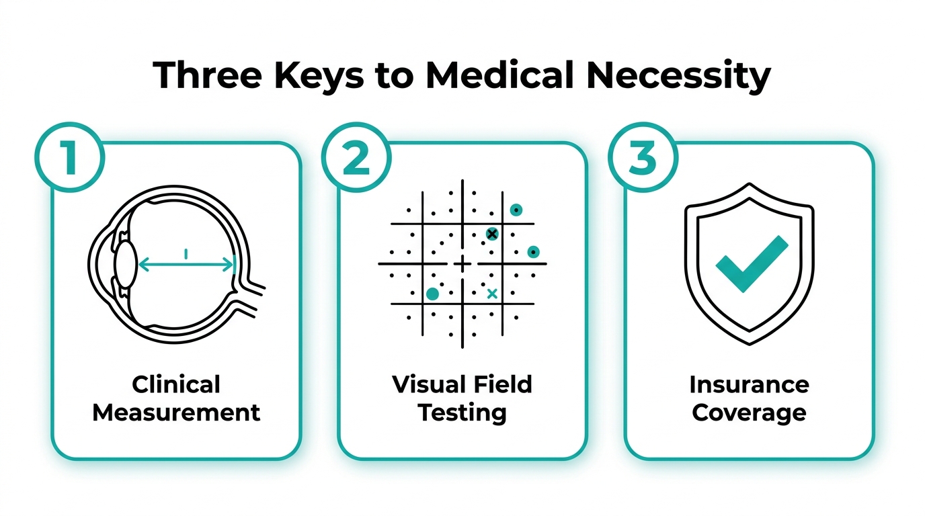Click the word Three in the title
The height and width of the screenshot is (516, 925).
(207, 75)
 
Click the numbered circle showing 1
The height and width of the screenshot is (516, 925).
(69, 157)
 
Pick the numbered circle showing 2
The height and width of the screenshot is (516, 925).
(356, 157)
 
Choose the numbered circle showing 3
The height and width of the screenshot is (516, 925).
(643, 157)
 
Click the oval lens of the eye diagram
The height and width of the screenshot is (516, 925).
(126, 264)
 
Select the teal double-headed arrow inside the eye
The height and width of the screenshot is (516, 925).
(186, 264)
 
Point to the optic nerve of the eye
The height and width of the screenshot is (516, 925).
(248, 296)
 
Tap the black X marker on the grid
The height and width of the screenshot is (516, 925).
(492, 234)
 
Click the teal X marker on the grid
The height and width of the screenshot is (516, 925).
(492, 294)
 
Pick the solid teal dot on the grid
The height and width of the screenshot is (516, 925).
(432, 294)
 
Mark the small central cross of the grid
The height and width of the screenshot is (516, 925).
(462, 264)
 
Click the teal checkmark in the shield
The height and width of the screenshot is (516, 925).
(752, 264)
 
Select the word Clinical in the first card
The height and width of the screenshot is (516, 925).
(176, 384)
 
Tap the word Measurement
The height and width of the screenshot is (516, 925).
(176, 413)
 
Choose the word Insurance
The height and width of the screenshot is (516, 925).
(749, 385)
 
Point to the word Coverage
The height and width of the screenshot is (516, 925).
(749, 413)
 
